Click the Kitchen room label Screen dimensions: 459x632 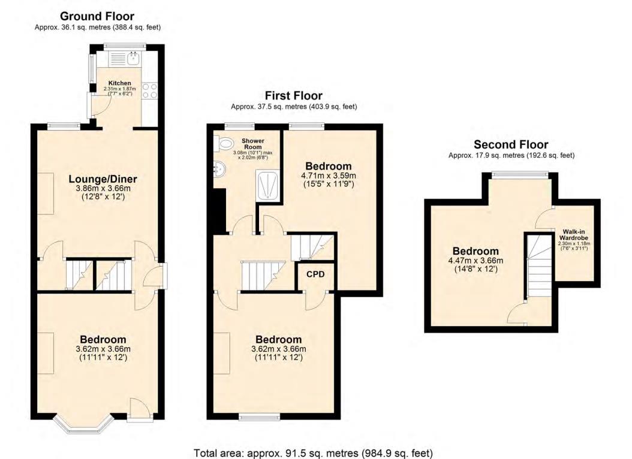[x=119, y=83]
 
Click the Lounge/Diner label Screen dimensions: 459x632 [x=103, y=179]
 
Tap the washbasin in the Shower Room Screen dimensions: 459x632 [x=220, y=170]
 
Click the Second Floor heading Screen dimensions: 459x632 [x=511, y=144]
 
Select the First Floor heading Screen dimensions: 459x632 [x=294, y=96]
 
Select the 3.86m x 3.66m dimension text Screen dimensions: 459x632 [x=103, y=188]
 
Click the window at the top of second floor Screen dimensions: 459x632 [x=519, y=174]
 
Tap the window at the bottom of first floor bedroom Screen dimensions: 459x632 [x=259, y=416]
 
